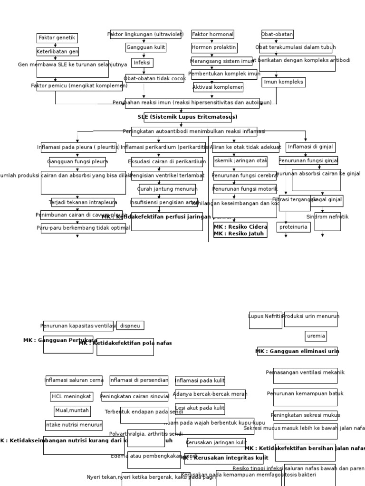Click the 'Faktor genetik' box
(x=57, y=38)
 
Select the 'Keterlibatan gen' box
(x=58, y=52)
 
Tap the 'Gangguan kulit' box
(x=146, y=47)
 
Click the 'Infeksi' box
(x=142, y=63)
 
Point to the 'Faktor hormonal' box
(x=213, y=34)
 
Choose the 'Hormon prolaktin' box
(x=214, y=47)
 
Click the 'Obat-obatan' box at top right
(x=277, y=34)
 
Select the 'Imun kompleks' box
(x=283, y=82)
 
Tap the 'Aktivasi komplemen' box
(x=218, y=87)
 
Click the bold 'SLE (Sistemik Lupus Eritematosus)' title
(x=187, y=117)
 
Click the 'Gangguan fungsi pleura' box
(x=77, y=162)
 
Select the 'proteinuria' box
(x=294, y=227)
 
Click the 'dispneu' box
(x=130, y=326)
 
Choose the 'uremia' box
(x=316, y=336)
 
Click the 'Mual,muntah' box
(x=72, y=411)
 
